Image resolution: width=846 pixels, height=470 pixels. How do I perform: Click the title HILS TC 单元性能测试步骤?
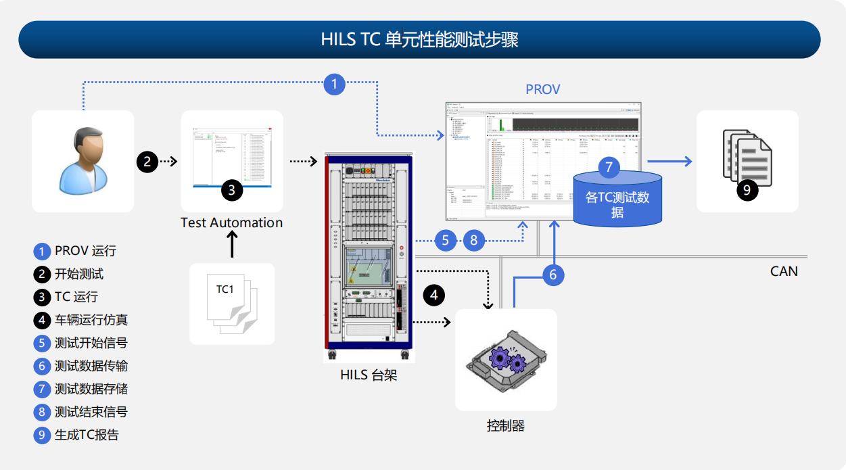pyautogui.click(x=419, y=39)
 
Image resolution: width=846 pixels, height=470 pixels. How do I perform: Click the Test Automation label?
pyautogui.click(x=231, y=222)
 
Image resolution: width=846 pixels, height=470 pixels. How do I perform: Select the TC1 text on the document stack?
pyautogui.click(x=225, y=289)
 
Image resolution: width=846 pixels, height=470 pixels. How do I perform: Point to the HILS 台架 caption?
pyautogui.click(x=369, y=375)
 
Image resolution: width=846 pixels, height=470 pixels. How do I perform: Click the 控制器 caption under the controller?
pyautogui.click(x=505, y=426)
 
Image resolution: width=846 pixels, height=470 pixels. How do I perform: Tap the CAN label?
pyautogui.click(x=784, y=271)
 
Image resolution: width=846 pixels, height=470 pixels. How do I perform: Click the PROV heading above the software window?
pyautogui.click(x=542, y=89)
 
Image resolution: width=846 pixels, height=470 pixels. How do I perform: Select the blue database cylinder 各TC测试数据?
pyautogui.click(x=617, y=199)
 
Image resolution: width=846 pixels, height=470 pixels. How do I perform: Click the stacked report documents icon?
pyautogui.click(x=747, y=160)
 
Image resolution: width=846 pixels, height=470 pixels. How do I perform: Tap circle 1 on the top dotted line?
pyautogui.click(x=335, y=84)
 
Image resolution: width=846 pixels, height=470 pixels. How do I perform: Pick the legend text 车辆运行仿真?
pyautogui.click(x=91, y=320)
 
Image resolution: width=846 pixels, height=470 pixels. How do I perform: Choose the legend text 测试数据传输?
pyautogui.click(x=91, y=366)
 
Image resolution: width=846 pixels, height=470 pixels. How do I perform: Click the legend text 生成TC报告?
pyautogui.click(x=87, y=435)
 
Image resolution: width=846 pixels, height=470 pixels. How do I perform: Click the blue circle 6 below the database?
pyautogui.click(x=553, y=275)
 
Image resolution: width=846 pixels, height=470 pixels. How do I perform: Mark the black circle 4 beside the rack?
pyautogui.click(x=434, y=295)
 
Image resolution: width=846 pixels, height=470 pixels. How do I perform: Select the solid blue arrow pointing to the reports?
pyautogui.click(x=669, y=161)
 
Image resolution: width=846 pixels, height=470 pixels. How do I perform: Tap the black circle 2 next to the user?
pyautogui.click(x=147, y=161)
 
